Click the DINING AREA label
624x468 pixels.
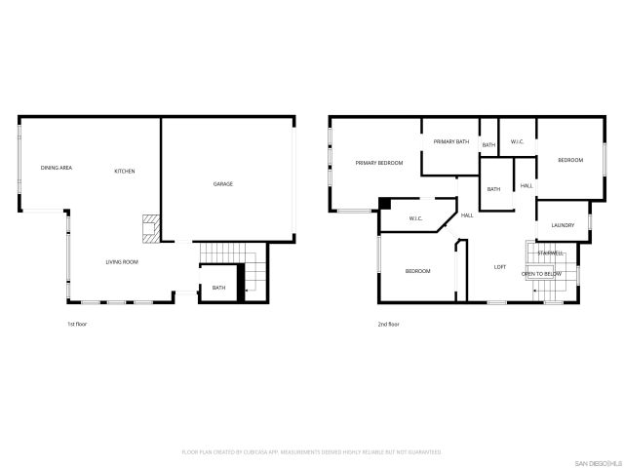pyautogui.click(x=56, y=169)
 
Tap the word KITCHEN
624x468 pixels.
pyautogui.click(x=125, y=172)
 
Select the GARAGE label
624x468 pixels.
pyautogui.click(x=223, y=184)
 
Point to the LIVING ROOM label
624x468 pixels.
pyautogui.click(x=122, y=262)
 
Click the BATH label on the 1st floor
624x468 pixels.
pyautogui.click(x=218, y=288)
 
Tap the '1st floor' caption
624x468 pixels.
pyautogui.click(x=77, y=324)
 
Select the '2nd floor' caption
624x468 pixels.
pyautogui.click(x=388, y=324)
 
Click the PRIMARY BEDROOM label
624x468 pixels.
pyautogui.click(x=379, y=163)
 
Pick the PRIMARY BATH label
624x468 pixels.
pyautogui.click(x=451, y=142)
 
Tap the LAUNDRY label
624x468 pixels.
pyautogui.click(x=563, y=226)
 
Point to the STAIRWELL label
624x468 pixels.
pyautogui.click(x=550, y=253)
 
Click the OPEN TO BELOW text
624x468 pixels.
pyautogui.click(x=541, y=275)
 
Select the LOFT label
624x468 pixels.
pyautogui.click(x=500, y=267)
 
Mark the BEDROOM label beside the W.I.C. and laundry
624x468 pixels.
pyautogui.click(x=570, y=160)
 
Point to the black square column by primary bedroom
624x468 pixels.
pyautogui.click(x=385, y=203)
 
